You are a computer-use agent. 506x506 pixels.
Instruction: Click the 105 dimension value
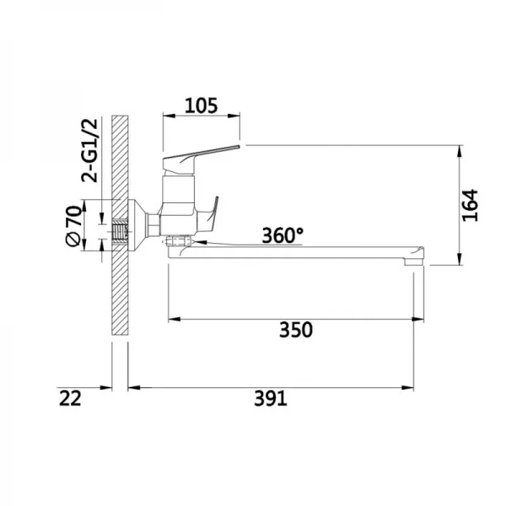(x=201, y=105)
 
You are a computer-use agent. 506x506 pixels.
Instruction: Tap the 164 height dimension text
(x=470, y=205)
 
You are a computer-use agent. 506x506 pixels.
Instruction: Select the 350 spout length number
(x=296, y=330)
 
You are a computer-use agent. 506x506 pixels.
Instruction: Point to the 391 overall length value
(x=271, y=398)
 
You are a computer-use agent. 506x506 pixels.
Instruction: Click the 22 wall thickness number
(x=70, y=398)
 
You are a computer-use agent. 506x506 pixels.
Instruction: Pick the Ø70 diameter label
(x=73, y=225)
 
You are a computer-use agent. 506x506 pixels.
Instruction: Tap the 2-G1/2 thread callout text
(x=89, y=151)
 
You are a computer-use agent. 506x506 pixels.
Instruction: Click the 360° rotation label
(x=283, y=235)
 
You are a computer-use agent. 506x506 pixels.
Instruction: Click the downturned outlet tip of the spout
(x=414, y=256)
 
